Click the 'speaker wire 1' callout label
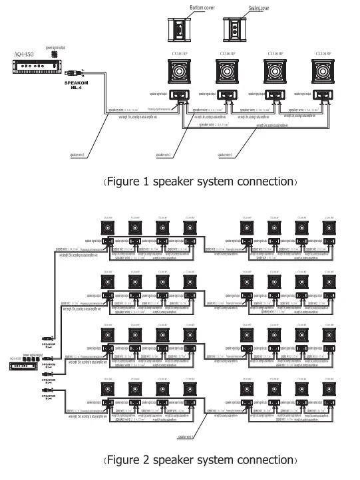click(x=81, y=155)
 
